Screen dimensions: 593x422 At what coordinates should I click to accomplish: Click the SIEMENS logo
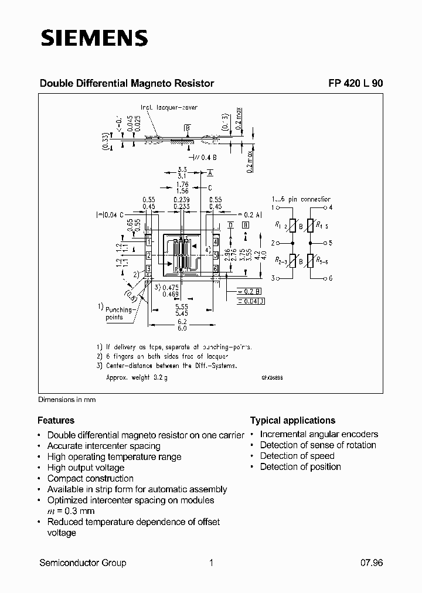pyautogui.click(x=94, y=38)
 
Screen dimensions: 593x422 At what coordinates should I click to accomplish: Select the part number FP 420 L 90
pyautogui.click(x=355, y=83)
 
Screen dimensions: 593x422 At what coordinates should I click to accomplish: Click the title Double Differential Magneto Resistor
pyautogui.click(x=127, y=83)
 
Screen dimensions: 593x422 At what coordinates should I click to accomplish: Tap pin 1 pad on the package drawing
pyautogui.click(x=149, y=241)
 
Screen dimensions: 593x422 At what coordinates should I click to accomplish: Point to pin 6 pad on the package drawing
pyautogui.click(x=216, y=268)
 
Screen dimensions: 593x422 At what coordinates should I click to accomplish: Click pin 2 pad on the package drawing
pyautogui.click(x=149, y=255)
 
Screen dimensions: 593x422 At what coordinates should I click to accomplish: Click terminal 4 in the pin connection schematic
pyautogui.click(x=331, y=207)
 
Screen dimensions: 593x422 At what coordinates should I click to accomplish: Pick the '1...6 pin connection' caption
pyautogui.click(x=301, y=199)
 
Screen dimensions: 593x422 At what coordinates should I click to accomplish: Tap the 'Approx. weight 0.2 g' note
pyautogui.click(x=137, y=378)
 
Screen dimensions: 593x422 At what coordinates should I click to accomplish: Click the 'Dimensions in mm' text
pyautogui.click(x=67, y=400)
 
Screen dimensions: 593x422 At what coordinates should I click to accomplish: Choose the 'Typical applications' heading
pyautogui.click(x=292, y=420)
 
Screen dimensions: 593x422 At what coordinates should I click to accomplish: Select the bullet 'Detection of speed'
pyautogui.click(x=297, y=456)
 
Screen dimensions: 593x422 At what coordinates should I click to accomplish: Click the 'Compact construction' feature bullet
pyautogui.click(x=90, y=478)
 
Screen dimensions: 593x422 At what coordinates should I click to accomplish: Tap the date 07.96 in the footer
pyautogui.click(x=371, y=563)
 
